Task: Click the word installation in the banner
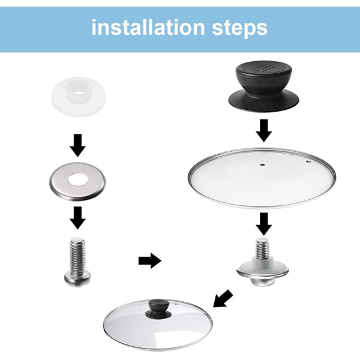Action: coord(148,28)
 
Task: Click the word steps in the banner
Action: coord(239,29)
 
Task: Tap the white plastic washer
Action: coord(79,97)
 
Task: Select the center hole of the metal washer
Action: coord(77,179)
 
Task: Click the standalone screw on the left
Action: coord(77,262)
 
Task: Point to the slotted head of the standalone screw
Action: coord(77,278)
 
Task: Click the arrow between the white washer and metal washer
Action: coord(78,146)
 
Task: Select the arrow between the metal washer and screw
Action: coord(78,218)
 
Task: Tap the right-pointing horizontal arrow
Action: coord(150,261)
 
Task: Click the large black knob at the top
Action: coord(263,87)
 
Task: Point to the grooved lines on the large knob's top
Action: coord(263,68)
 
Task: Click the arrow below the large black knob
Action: coord(264,130)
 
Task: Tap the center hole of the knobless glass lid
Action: coord(263,164)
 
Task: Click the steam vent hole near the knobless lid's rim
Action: coord(308,162)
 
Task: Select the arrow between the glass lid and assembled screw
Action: coord(264,224)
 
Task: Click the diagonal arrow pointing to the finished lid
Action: coord(223,298)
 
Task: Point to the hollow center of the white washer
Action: coord(78,94)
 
